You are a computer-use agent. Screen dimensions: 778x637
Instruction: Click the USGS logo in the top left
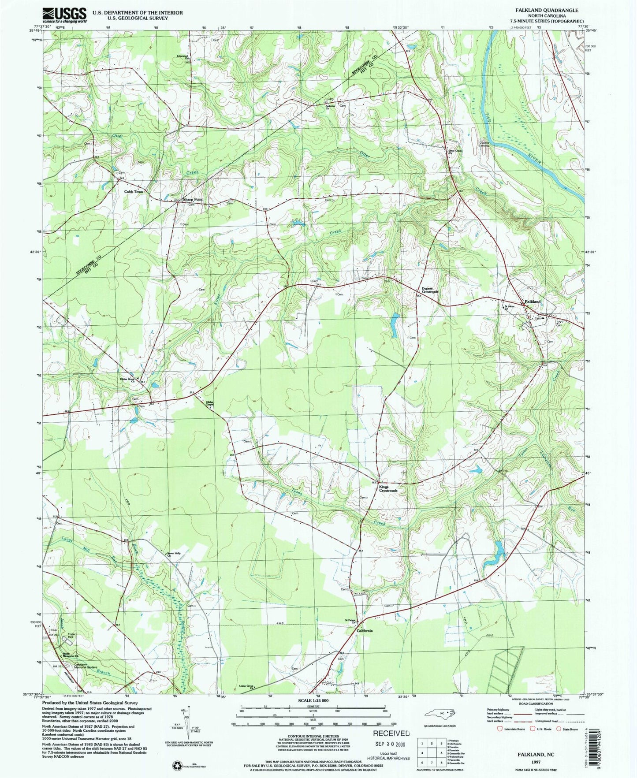tap(64, 15)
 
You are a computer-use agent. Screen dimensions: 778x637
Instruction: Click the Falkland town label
tap(532, 302)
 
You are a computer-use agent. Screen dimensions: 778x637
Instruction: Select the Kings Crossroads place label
tap(388, 488)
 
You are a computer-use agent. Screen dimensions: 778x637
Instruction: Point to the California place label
tap(365, 631)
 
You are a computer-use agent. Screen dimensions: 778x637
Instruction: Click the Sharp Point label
tap(194, 200)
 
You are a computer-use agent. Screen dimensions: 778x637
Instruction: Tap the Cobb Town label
tap(134, 192)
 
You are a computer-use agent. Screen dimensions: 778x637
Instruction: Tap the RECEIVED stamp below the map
tap(391, 733)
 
